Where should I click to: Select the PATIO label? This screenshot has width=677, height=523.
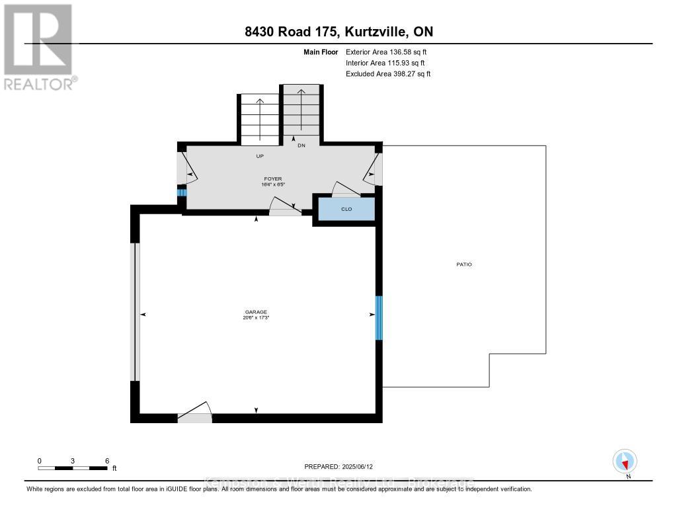[464, 264]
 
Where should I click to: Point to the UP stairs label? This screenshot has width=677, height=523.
[260, 157]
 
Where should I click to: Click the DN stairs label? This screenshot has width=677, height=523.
[301, 145]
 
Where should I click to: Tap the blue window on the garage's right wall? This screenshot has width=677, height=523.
[379, 317]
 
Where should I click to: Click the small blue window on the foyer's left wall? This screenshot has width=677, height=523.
[181, 192]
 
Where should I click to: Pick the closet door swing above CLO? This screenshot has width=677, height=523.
[345, 190]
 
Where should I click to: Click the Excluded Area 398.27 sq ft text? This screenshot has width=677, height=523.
[388, 74]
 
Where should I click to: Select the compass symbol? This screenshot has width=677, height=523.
[624, 461]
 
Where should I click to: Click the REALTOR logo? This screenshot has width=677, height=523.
[39, 46]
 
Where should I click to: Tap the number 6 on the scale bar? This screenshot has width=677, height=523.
[106, 460]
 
